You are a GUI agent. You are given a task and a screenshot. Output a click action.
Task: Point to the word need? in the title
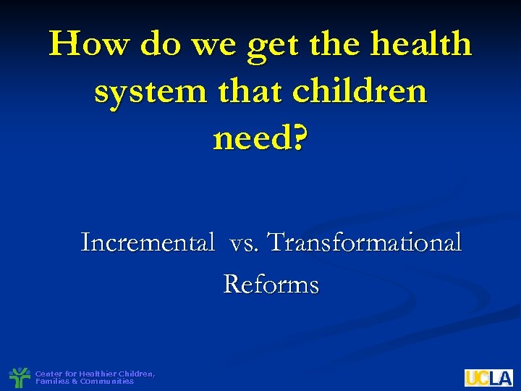[260, 139]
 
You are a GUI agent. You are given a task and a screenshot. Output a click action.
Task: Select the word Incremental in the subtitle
[148, 242]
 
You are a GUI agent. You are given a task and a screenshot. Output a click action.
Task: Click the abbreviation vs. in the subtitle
[247, 242]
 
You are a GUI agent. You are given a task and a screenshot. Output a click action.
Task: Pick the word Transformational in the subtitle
[365, 242]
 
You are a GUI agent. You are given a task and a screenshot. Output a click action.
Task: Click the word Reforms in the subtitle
[271, 285]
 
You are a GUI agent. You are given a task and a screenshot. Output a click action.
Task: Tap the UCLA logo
[488, 378]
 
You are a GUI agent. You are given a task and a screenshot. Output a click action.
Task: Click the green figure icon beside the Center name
[19, 377]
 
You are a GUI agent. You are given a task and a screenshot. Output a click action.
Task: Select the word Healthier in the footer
[98, 374]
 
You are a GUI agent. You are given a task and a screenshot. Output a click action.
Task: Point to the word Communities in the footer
[106, 381]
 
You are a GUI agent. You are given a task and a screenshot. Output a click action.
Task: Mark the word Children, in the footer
[137, 374]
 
